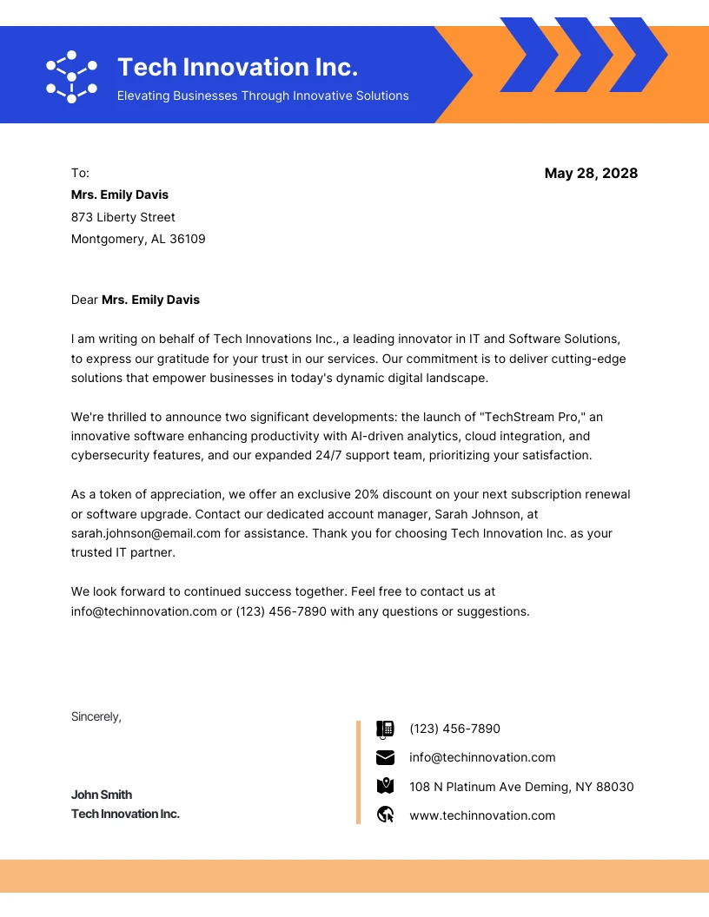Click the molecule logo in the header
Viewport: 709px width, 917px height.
click(71, 76)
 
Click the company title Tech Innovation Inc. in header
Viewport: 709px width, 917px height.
click(237, 67)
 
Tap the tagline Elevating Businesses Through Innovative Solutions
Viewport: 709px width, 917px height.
click(262, 96)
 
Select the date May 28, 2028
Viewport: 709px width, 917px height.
click(591, 174)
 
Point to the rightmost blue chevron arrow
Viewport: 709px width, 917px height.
click(638, 55)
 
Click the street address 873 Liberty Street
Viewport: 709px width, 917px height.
click(123, 217)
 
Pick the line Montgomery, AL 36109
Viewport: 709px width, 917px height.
click(138, 239)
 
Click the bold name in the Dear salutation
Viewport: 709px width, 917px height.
click(150, 300)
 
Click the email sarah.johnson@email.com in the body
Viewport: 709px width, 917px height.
click(145, 533)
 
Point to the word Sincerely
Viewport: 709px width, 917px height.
click(96, 716)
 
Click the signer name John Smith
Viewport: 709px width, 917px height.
click(102, 795)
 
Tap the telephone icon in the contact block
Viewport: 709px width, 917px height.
click(385, 729)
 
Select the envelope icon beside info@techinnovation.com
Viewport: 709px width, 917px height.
click(385, 757)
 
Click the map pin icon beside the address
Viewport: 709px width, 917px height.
click(385, 786)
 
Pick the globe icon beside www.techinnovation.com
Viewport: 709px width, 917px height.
click(386, 815)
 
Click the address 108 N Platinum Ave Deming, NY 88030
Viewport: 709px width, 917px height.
click(521, 787)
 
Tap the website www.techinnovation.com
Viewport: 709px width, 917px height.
click(482, 815)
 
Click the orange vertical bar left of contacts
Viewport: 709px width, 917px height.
click(358, 772)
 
